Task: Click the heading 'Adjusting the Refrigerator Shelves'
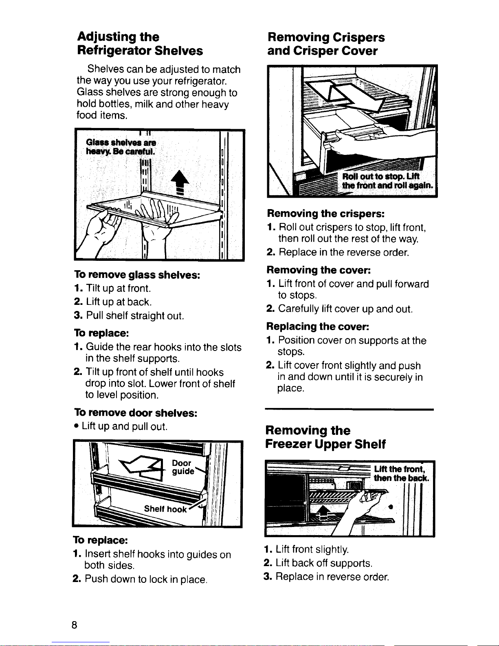click(x=140, y=44)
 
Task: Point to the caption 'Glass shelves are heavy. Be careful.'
click(x=121, y=147)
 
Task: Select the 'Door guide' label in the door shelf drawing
click(x=183, y=467)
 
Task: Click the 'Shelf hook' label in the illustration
click(x=165, y=509)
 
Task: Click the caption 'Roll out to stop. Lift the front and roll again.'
click(x=388, y=181)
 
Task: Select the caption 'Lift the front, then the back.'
click(x=401, y=474)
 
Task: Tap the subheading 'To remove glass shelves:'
click(x=137, y=275)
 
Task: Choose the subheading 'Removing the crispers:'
click(x=326, y=213)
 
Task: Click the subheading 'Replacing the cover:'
click(x=317, y=326)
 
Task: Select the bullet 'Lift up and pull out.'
click(x=121, y=426)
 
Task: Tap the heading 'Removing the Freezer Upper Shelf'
click(x=325, y=437)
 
